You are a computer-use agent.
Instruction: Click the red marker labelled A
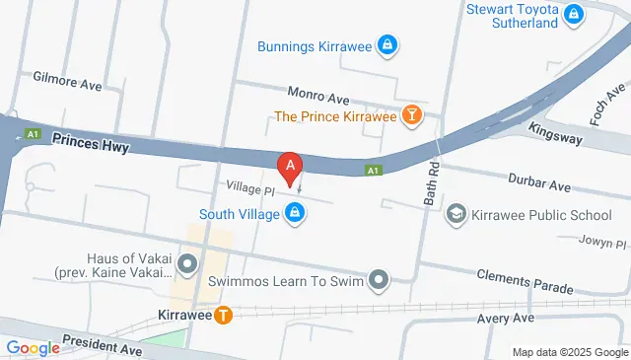point(290,169)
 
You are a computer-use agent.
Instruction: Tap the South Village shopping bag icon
point(294,212)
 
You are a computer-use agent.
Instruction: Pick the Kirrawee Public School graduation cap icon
point(456,213)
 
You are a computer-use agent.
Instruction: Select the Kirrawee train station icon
point(224,316)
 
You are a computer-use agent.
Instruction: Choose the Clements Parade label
point(524,282)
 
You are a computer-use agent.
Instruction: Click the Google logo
point(33,347)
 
